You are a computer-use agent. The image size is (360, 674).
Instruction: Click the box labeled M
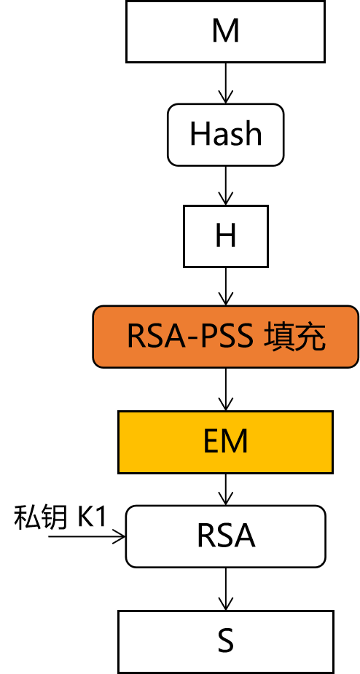point(225,32)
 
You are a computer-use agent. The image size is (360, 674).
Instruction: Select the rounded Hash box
point(225,135)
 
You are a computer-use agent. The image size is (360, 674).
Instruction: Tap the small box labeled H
point(226,236)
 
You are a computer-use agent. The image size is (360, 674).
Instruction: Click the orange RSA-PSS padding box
point(226,337)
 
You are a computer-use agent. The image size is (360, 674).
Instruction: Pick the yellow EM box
point(225,442)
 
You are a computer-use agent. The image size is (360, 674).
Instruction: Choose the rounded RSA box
point(225,536)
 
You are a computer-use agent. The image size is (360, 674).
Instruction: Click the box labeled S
point(225,642)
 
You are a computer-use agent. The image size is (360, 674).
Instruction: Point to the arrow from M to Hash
point(225,83)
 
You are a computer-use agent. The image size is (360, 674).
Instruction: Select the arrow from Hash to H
point(225,186)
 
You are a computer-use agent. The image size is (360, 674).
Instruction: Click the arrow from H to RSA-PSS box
point(225,286)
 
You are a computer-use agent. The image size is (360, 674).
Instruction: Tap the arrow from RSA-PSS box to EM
point(225,389)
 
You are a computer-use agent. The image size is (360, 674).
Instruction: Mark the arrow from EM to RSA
point(225,490)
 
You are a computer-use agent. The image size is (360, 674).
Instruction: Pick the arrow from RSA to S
point(225,589)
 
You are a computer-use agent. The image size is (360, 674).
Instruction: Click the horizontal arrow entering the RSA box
point(87,536)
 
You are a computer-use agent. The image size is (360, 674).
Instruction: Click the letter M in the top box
point(225,31)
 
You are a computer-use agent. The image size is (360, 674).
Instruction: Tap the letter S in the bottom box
point(225,641)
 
